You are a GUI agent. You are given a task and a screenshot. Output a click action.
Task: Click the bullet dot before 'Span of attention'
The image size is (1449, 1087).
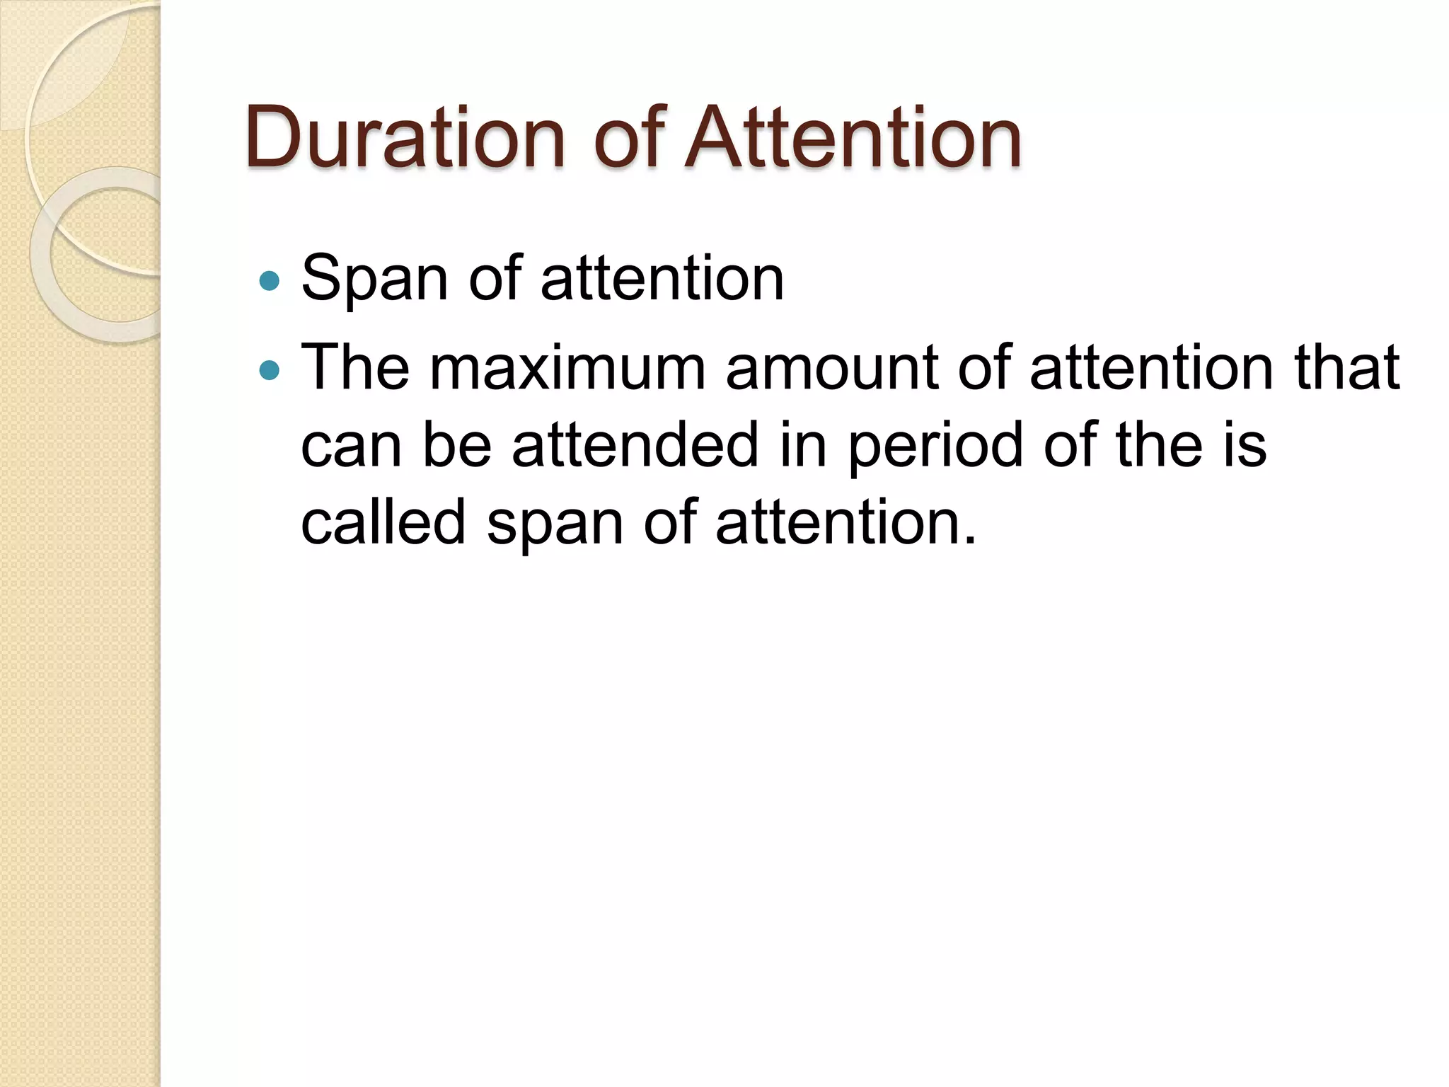[270, 282]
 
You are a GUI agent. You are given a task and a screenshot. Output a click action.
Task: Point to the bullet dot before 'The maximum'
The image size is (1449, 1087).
[270, 370]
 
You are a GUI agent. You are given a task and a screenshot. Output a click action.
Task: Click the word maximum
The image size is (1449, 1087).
[567, 368]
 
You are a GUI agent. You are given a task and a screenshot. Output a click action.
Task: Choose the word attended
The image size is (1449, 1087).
[635, 445]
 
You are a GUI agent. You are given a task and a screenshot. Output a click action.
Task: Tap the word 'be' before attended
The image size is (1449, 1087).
[457, 445]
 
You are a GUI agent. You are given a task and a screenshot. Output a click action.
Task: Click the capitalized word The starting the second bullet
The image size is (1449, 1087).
[355, 368]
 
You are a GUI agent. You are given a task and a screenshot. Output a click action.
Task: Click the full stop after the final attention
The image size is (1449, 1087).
[969, 541]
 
